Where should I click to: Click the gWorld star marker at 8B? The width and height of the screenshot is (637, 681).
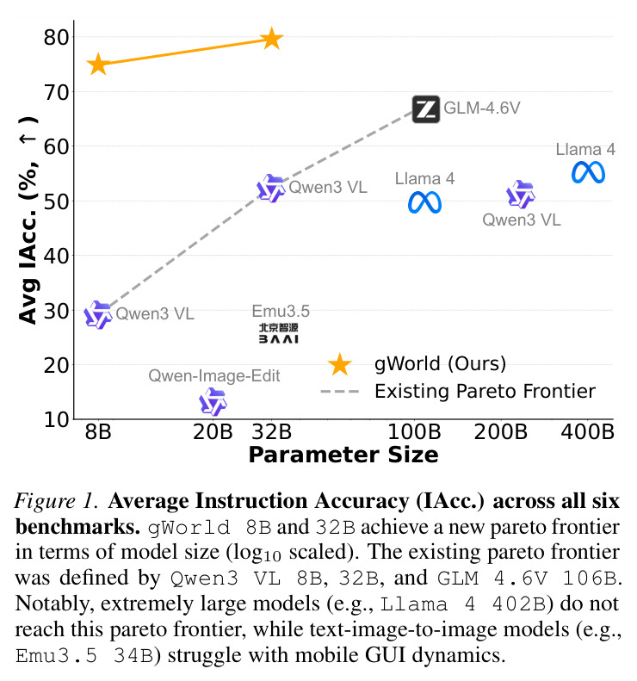(x=98, y=65)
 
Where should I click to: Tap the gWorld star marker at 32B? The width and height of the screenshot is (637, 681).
(x=272, y=39)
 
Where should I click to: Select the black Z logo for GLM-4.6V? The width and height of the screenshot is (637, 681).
(x=426, y=109)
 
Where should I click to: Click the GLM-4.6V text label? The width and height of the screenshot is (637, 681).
(x=482, y=108)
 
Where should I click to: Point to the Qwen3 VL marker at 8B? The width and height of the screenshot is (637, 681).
(x=98, y=315)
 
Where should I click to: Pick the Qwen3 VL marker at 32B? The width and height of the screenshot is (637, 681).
(x=271, y=189)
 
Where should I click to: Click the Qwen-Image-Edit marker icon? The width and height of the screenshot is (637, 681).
(x=213, y=402)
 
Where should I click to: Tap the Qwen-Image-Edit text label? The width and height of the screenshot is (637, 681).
(x=214, y=375)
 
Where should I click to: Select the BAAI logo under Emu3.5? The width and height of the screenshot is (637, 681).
(x=278, y=333)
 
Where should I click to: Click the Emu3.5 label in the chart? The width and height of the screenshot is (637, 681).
(x=281, y=311)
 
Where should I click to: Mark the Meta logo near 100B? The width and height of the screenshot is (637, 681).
(x=424, y=203)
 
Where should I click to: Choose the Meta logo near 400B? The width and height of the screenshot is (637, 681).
(x=589, y=172)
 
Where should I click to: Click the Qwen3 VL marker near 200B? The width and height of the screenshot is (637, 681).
(x=521, y=194)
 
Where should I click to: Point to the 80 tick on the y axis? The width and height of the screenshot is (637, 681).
(x=57, y=37)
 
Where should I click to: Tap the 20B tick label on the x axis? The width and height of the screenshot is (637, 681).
(x=213, y=431)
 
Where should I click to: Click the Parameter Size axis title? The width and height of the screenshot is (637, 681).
(x=343, y=455)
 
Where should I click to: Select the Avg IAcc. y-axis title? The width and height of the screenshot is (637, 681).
(x=28, y=220)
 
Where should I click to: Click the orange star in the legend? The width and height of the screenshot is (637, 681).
(x=339, y=364)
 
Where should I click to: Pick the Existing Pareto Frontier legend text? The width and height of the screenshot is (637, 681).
(x=485, y=392)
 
